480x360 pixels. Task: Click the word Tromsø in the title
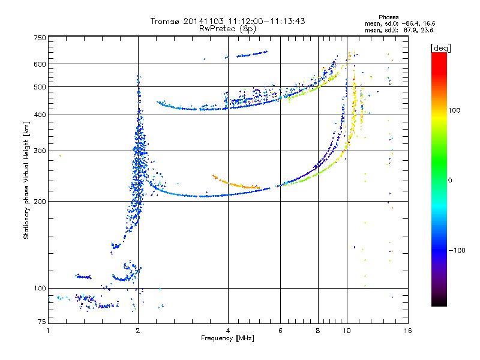[x=165, y=21]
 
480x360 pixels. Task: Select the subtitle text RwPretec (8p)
[x=227, y=29]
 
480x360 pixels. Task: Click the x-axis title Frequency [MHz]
[x=227, y=338]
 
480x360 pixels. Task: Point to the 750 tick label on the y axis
[x=40, y=38]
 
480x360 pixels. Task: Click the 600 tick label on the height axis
[x=40, y=64]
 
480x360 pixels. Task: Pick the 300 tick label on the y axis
[x=40, y=151]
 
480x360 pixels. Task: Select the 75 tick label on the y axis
[x=42, y=322]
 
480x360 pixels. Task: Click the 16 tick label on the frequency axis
[x=408, y=331]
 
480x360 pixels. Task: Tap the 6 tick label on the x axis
[x=280, y=331]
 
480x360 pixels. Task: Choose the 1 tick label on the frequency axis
[x=48, y=331]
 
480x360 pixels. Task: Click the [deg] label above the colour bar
[x=440, y=48]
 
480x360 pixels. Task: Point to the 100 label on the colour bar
[x=454, y=110]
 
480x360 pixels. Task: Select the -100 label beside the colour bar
[x=457, y=250]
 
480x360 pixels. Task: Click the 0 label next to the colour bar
[x=450, y=180]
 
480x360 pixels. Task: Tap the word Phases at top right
[x=388, y=17]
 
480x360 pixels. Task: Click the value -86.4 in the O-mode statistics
[x=410, y=23]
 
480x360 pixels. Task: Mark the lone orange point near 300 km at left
[x=61, y=156]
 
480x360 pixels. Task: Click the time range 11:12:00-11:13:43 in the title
[x=266, y=21]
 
